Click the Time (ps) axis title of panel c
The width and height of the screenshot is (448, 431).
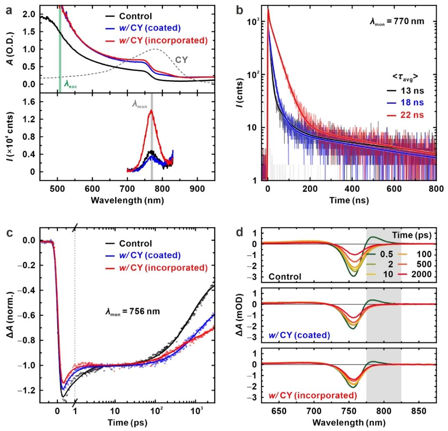(124, 423)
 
